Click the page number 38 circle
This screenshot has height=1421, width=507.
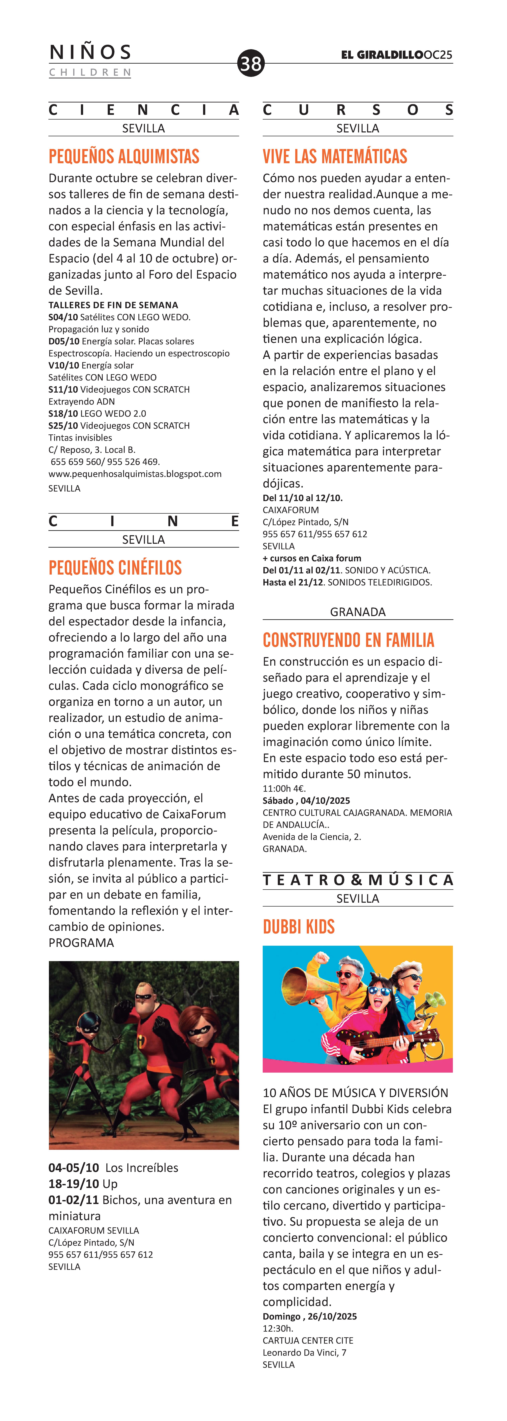(x=251, y=63)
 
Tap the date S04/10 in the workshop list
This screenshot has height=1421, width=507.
(x=63, y=317)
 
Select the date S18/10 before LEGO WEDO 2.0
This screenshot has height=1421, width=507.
(x=63, y=413)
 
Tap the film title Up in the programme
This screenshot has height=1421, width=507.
(x=110, y=1184)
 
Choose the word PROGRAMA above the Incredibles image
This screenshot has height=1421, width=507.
(x=81, y=943)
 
